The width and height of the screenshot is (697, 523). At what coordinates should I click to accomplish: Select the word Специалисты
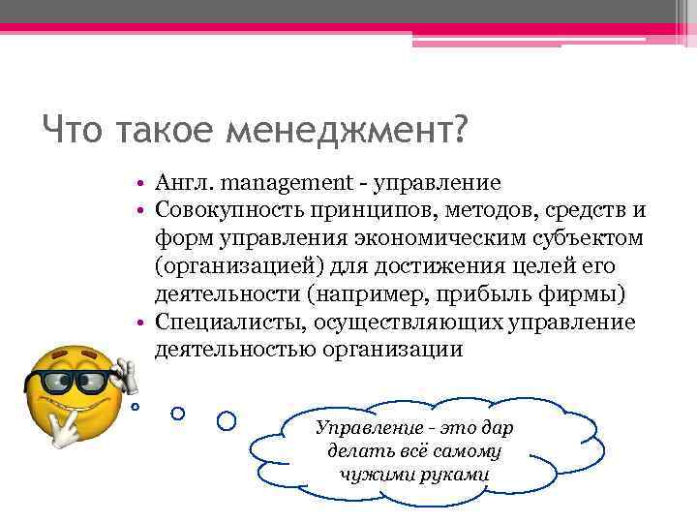tap(217, 322)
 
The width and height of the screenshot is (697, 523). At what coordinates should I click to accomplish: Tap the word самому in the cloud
tap(464, 451)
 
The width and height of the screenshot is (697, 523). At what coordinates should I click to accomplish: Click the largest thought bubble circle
tap(227, 420)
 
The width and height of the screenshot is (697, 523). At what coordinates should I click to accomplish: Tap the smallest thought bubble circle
tap(136, 407)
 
